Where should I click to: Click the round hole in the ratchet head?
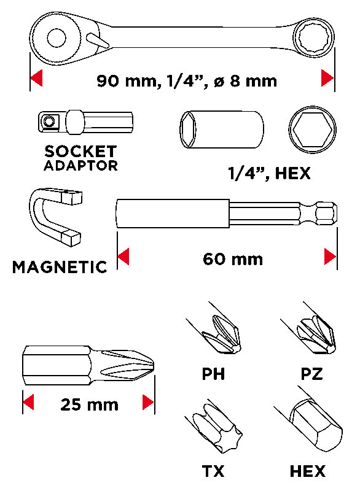click(x=57, y=38)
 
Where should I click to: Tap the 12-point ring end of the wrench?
click(x=314, y=38)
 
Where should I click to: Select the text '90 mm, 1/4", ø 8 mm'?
click(x=187, y=81)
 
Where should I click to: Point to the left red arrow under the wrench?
click(x=36, y=78)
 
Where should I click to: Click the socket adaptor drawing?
click(x=85, y=122)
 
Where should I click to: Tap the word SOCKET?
click(x=80, y=151)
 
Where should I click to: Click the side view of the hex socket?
click(x=222, y=129)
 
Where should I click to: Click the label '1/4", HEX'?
click(x=269, y=173)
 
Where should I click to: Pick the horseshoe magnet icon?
click(x=56, y=217)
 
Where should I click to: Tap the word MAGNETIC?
click(x=60, y=267)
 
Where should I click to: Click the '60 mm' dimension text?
click(x=233, y=259)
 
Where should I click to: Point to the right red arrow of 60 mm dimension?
click(x=330, y=257)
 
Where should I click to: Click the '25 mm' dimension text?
click(x=89, y=404)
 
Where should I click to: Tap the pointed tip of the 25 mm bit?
click(x=154, y=365)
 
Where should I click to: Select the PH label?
click(x=213, y=374)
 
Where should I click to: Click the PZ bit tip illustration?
click(x=316, y=334)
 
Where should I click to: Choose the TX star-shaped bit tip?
click(x=218, y=428)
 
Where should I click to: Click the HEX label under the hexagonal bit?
click(x=308, y=471)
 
